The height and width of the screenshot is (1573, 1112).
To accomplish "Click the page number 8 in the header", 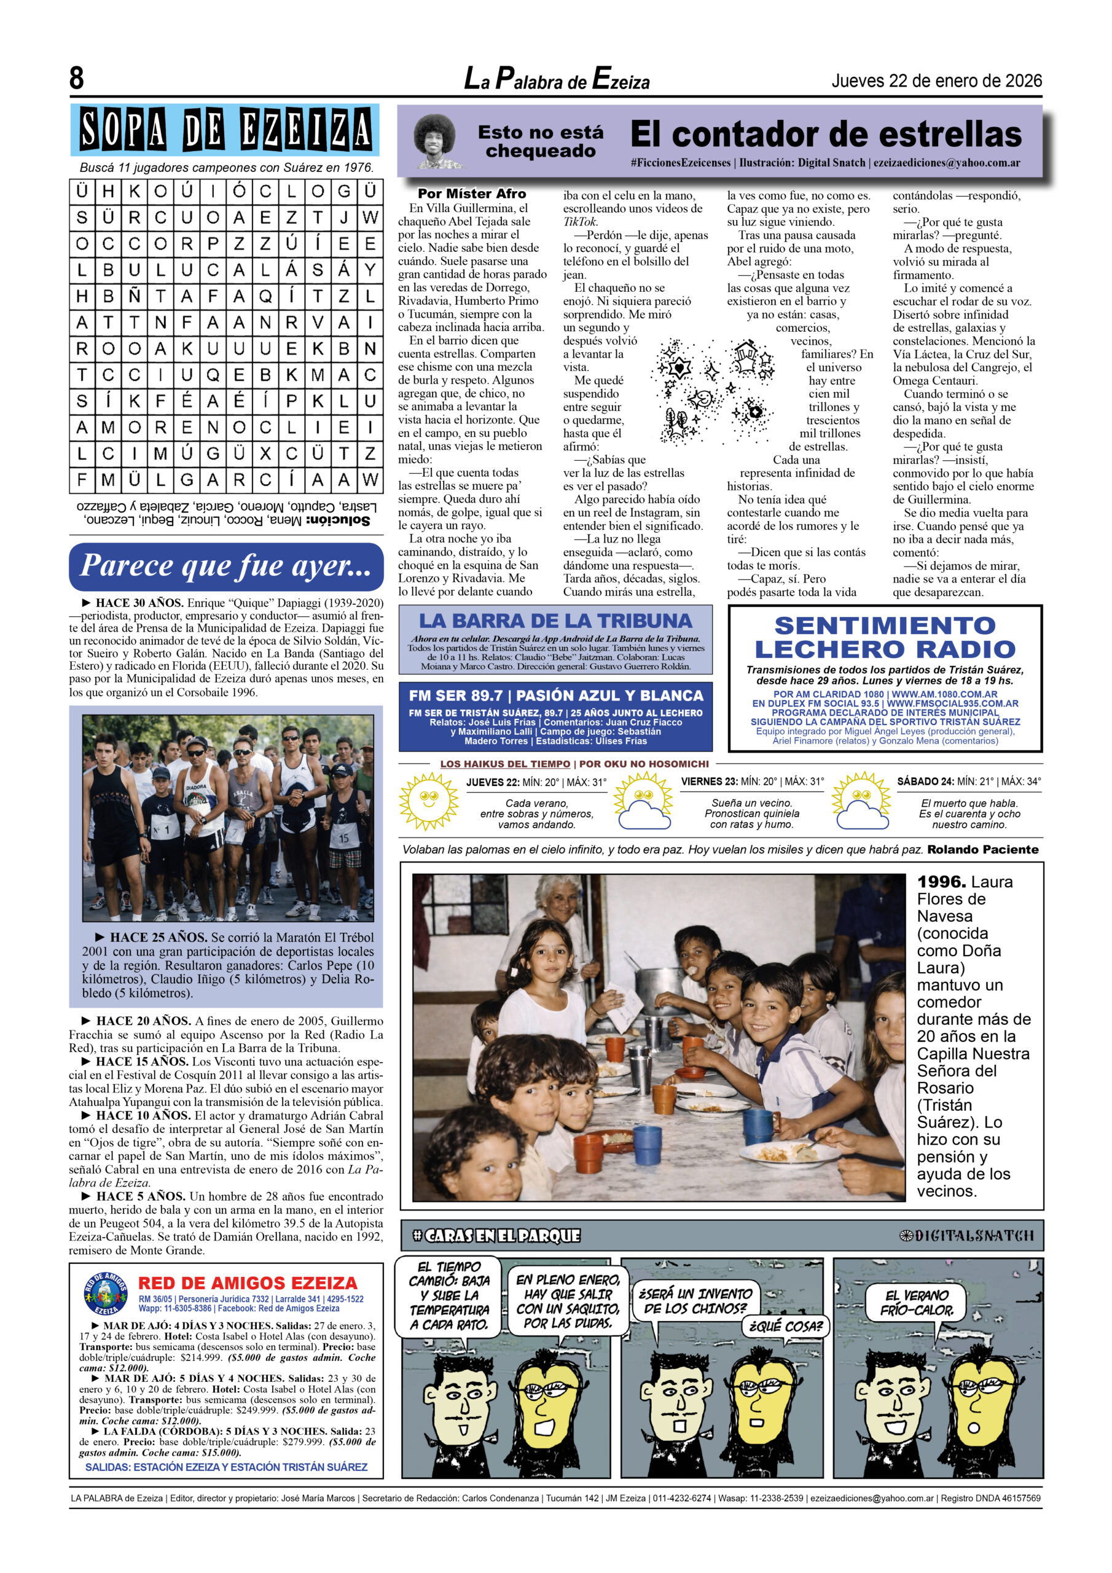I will [x=76, y=78].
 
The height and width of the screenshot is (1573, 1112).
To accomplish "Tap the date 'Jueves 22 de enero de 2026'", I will [x=936, y=81].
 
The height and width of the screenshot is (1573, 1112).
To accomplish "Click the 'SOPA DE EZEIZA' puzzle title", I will [x=225, y=130].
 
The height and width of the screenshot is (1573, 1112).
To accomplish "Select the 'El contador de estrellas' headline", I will [x=826, y=135].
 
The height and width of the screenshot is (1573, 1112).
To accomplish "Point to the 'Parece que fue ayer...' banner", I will [x=225, y=566].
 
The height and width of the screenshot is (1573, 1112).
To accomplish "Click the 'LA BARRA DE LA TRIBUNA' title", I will [x=555, y=621].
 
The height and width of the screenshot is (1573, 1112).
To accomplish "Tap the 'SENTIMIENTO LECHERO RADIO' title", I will [x=885, y=637].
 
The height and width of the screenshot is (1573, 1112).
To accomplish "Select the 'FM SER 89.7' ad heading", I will [x=555, y=696].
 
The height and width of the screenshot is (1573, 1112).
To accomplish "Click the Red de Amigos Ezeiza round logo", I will [x=106, y=1294].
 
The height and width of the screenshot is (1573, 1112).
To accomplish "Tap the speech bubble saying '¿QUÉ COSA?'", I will [x=785, y=1327].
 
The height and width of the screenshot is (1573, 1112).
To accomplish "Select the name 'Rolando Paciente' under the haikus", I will [x=982, y=850].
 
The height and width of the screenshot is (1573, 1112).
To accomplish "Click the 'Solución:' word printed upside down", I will [x=339, y=520].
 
